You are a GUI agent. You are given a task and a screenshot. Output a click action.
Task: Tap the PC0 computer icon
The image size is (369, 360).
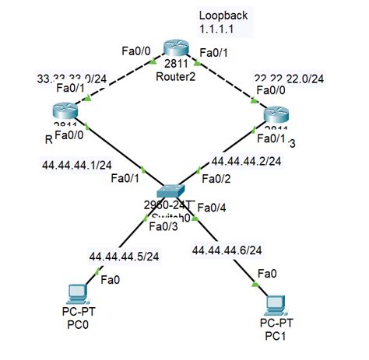coord(76,294)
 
